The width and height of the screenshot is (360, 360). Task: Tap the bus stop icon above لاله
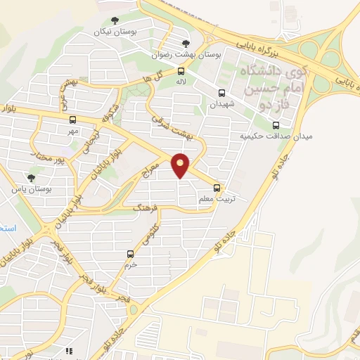point(182,71)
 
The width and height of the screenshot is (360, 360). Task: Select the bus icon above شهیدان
point(222,93)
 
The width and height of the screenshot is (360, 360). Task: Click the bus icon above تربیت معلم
point(217,188)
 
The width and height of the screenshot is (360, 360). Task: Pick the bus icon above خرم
point(130,254)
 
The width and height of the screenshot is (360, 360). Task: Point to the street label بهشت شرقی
point(167,127)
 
